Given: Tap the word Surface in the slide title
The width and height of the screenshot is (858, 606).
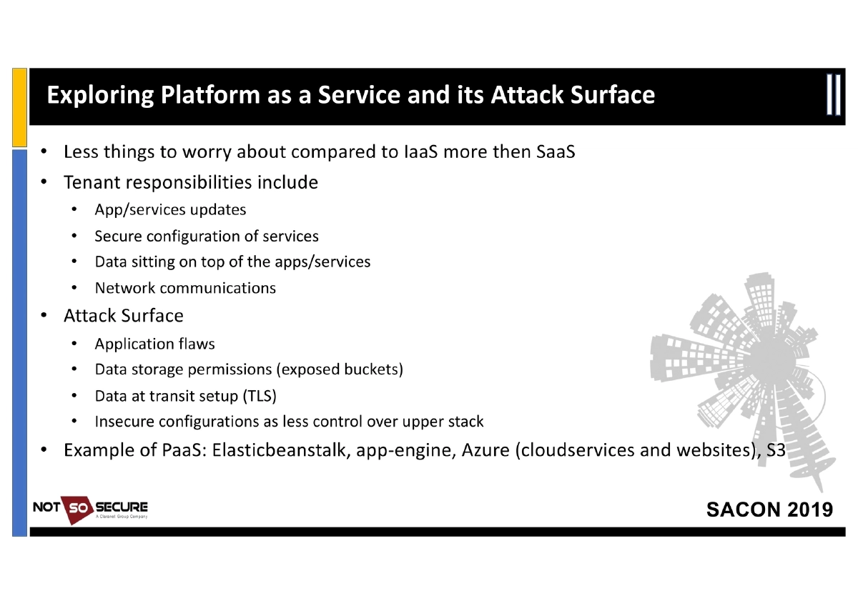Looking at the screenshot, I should (612, 95).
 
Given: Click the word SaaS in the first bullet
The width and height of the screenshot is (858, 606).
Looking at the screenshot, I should (556, 152).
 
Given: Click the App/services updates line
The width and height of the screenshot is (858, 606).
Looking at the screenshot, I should (170, 209).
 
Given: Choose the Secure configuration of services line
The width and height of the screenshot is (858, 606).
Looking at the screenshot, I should (207, 236).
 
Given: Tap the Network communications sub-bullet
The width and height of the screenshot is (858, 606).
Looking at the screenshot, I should (185, 288).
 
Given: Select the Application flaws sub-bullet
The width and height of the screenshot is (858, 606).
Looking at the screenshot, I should (154, 344).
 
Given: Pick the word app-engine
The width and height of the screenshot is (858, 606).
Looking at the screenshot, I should (402, 451).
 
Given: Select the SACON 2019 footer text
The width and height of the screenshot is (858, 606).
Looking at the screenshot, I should (769, 510).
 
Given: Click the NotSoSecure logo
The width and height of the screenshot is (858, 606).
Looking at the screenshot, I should (91, 510).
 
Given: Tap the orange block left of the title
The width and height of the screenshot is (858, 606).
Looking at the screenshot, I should (20, 107).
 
